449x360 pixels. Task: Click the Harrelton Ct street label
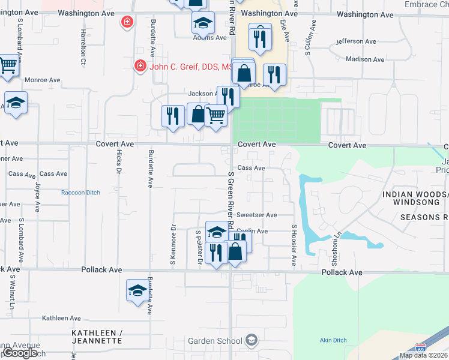83,48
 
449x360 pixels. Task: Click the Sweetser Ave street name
256,215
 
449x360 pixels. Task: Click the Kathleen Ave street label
61,318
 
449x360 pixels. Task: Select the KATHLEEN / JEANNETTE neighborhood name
97,337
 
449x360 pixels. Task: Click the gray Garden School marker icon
252,341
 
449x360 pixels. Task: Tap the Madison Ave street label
365,59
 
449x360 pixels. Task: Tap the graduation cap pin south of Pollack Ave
137,290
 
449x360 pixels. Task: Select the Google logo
20,353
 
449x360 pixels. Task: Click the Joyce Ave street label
37,198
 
